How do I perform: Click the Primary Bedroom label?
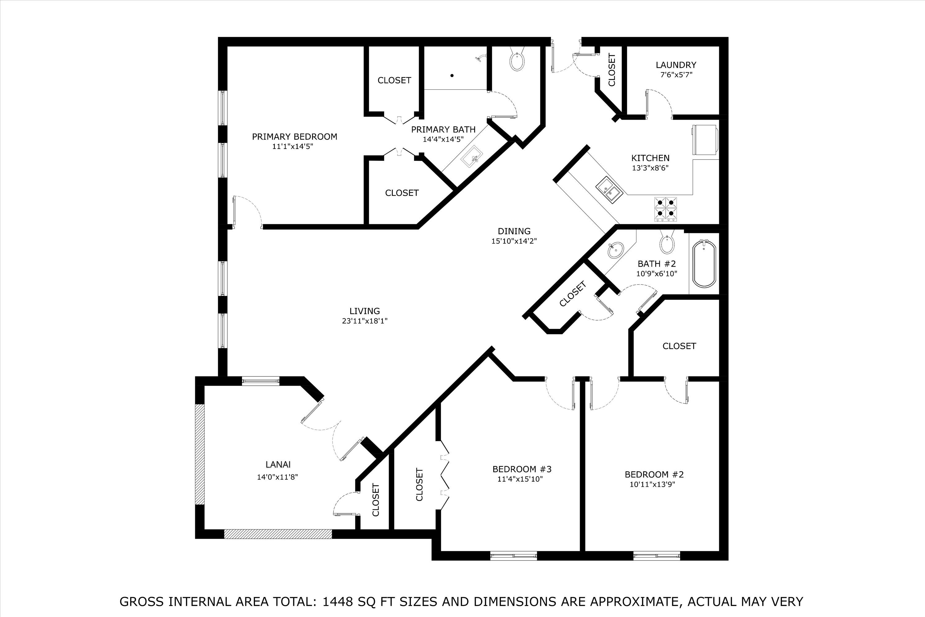point(294,137)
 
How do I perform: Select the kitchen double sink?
point(609,190)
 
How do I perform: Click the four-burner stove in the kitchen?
point(666,209)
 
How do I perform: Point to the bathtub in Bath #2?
point(704,264)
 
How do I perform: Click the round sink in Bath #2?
point(615,250)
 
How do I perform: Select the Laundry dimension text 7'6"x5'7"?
point(676,75)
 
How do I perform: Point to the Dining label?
point(514,231)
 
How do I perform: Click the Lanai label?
point(278,464)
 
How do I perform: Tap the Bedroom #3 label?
point(522,469)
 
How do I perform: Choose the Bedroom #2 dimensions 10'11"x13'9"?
point(652,484)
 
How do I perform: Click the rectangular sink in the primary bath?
point(472,157)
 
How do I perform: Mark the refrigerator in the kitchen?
point(705,140)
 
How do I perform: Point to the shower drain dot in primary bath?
point(452,76)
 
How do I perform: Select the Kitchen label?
point(650,158)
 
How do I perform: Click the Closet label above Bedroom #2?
point(679,346)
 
